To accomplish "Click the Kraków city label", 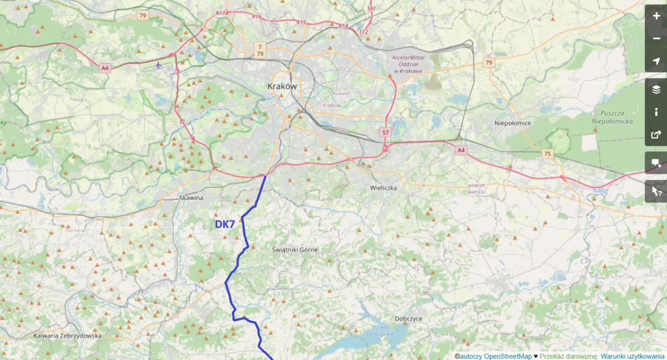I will (x=282, y=86).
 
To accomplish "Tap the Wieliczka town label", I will (x=384, y=188).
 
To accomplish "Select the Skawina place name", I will (x=191, y=198).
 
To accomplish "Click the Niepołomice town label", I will (x=513, y=123).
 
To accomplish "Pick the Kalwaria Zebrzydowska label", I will (x=68, y=336).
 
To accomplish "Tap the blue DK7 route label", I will (x=225, y=224).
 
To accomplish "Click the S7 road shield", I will (x=385, y=131).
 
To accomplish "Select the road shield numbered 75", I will (x=547, y=153).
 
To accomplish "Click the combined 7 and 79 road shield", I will (x=259, y=49).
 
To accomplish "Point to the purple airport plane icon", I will (x=158, y=65).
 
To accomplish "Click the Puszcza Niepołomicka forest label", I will (x=613, y=118).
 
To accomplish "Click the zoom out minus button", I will (x=656, y=39).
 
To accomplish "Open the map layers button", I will (x=656, y=89).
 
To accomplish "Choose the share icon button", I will (x=656, y=135).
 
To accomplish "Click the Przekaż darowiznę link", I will (x=568, y=356).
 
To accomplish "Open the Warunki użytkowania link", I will (x=632, y=356).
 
